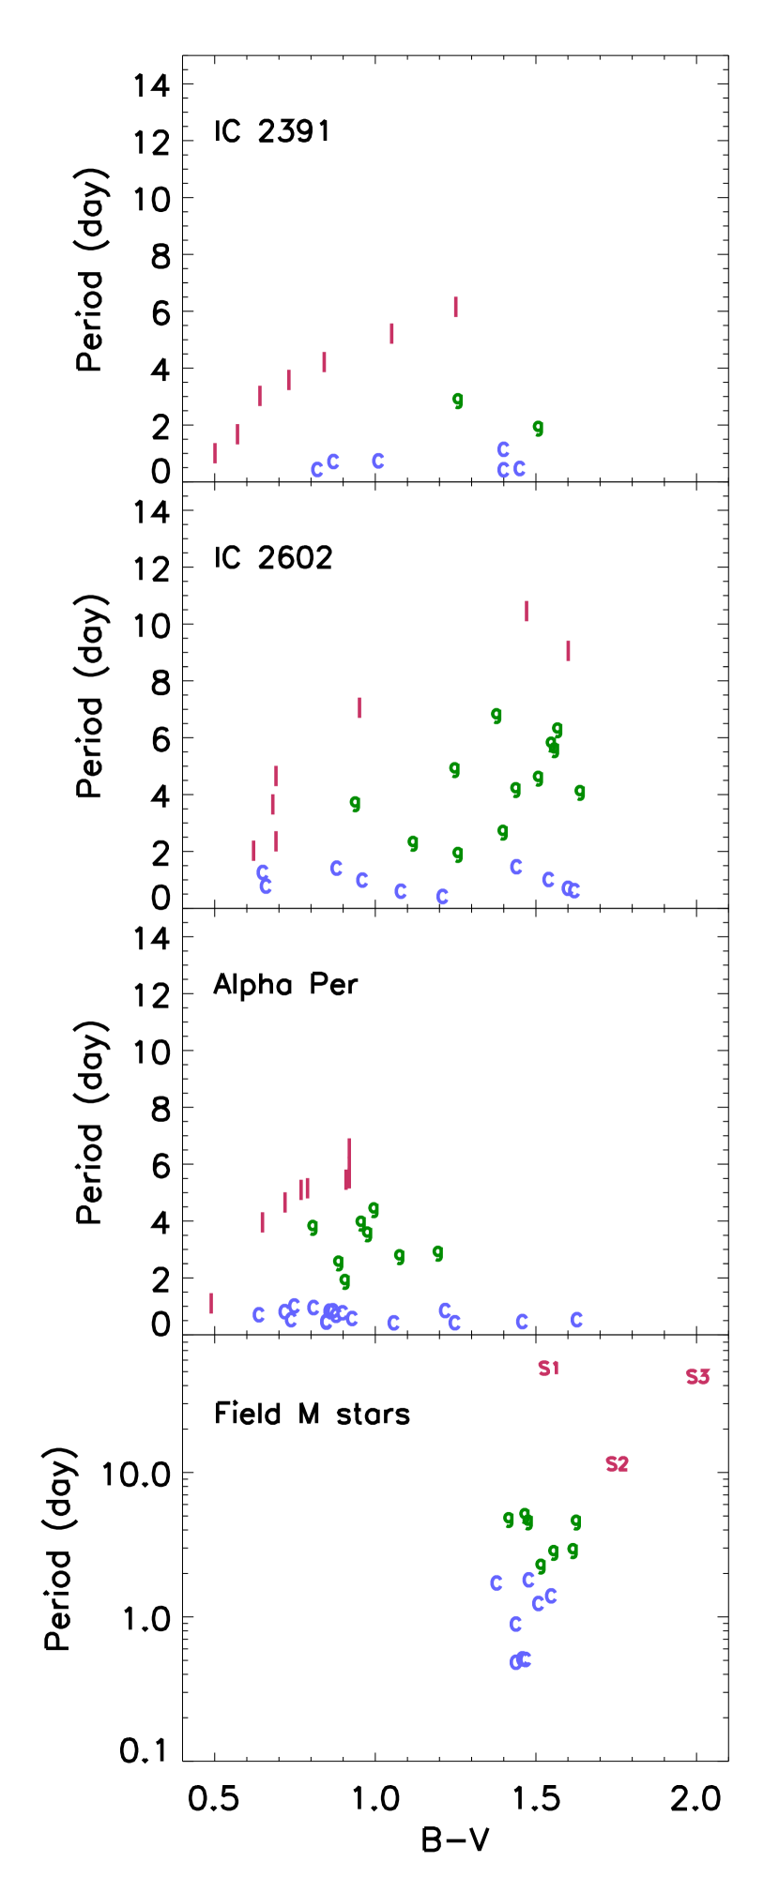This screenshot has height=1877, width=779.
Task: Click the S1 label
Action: [548, 1368]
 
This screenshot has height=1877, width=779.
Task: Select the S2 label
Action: [617, 1463]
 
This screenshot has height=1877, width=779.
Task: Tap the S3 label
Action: [697, 1376]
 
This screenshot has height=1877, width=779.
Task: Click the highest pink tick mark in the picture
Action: [455, 307]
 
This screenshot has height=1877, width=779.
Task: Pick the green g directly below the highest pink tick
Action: [457, 401]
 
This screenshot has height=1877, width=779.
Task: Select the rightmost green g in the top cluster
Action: [538, 428]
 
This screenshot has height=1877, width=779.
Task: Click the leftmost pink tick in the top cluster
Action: [215, 453]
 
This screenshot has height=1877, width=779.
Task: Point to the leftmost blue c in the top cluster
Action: [316, 470]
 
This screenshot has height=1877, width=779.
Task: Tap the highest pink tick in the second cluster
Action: [527, 611]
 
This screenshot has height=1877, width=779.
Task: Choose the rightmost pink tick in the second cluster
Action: [568, 650]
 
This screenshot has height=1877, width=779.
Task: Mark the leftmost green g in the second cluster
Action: [355, 803]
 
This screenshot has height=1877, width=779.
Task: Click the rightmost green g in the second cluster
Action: [580, 792]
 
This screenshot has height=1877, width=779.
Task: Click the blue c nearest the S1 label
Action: [522, 1322]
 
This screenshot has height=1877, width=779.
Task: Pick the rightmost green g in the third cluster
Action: [437, 1252]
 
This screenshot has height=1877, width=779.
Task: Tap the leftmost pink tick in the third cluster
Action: [211, 1303]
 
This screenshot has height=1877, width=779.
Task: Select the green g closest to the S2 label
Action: [575, 1521]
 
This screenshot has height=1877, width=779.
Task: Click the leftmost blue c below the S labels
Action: [496, 1582]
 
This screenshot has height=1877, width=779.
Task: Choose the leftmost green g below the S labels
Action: [509, 1518]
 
